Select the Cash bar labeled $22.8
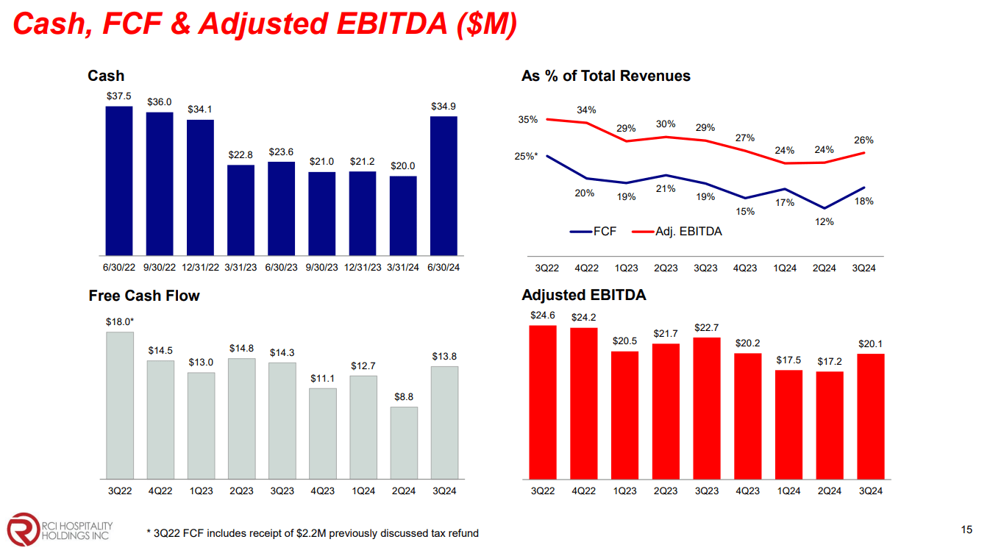(x=241, y=210)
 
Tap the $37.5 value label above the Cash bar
(x=119, y=96)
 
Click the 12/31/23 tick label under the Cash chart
(x=363, y=268)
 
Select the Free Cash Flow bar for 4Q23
(x=322, y=433)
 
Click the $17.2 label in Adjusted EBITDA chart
(x=830, y=362)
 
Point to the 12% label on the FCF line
(x=825, y=221)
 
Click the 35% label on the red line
(x=528, y=119)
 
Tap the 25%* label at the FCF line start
(x=526, y=156)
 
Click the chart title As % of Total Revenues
(x=605, y=76)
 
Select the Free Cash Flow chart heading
(x=144, y=296)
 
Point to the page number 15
(x=966, y=530)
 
